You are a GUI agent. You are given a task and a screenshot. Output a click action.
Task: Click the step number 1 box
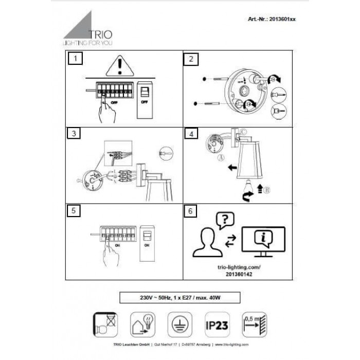[75, 59]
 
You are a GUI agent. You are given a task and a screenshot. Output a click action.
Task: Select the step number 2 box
[191, 59]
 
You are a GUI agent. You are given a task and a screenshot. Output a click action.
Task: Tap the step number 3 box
[75, 134]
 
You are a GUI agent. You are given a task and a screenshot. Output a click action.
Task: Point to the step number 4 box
[191, 134]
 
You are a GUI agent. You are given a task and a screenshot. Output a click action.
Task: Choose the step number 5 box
[75, 210]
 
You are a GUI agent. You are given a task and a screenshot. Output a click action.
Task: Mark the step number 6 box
[191, 210]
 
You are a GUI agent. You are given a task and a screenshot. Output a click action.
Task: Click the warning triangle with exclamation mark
[119, 66]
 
